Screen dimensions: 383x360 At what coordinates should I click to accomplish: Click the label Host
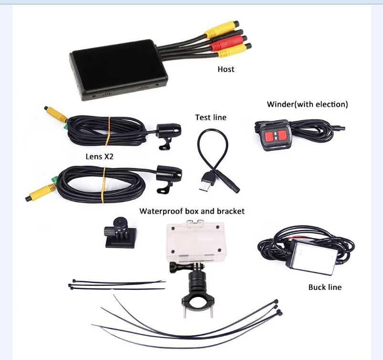pyautogui.click(x=226, y=69)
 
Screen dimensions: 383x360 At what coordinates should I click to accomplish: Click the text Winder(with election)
pyautogui.click(x=307, y=104)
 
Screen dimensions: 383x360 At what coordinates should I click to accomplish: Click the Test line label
pyautogui.click(x=210, y=117)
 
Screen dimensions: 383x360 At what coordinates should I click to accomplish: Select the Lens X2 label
pyautogui.click(x=99, y=156)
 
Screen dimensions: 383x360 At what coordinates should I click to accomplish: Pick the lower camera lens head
pyautogui.click(x=167, y=173)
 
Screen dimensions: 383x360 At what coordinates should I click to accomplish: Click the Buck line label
pyautogui.click(x=325, y=287)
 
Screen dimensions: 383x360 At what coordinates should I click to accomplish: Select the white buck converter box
pyautogui.click(x=312, y=257)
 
